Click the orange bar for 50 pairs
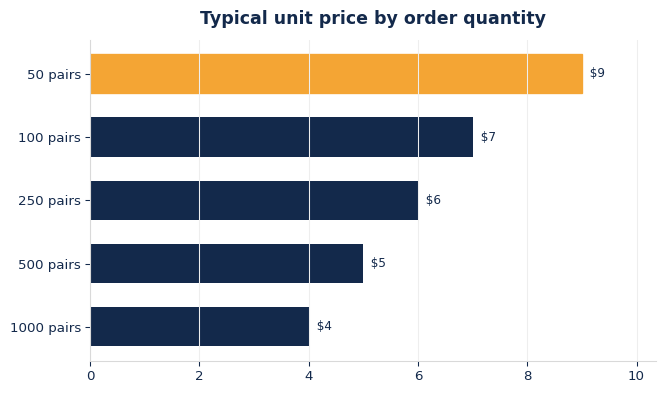tap(337, 74)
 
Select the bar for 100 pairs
tap(282, 137)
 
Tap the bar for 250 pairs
tap(254, 200)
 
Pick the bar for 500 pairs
tap(227, 263)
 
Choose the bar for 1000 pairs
tap(200, 326)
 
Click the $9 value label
tap(597, 73)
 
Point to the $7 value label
tap(488, 137)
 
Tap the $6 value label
tap(433, 200)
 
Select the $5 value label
tap(378, 263)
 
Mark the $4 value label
tap(324, 326)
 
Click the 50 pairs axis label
tap(54, 75)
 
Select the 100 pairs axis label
tap(49, 138)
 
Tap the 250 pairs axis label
tap(49, 201)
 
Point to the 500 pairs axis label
tap(49, 265)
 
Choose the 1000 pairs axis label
tap(45, 328)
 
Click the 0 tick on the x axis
tap(91, 376)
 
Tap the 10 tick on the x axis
tap(636, 376)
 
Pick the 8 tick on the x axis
tap(528, 376)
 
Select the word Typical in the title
tap(234, 19)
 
